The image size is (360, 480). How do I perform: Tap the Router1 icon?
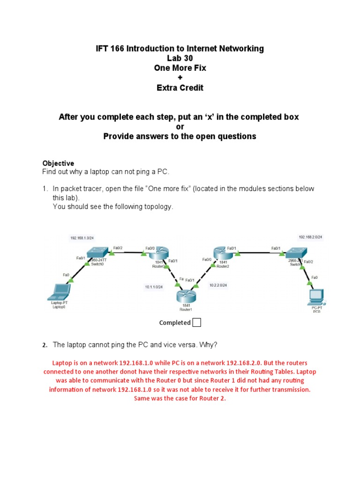pyautogui.click(x=186, y=296)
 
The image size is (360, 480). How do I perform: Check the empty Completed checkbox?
pyautogui.click(x=197, y=322)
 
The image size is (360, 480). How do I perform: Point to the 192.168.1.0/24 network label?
pyautogui.click(x=82, y=238)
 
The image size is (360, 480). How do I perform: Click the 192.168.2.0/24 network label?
pyautogui.click(x=310, y=238)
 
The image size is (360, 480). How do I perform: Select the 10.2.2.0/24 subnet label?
pyautogui.click(x=218, y=285)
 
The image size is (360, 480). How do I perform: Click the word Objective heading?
pyautogui.click(x=58, y=163)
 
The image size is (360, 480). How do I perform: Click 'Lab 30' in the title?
pyautogui.click(x=180, y=58)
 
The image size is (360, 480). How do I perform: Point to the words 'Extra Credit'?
pyautogui.click(x=180, y=88)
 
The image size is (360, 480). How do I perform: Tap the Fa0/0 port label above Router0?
pyautogui.click(x=150, y=248)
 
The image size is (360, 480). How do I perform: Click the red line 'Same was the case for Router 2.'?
pyautogui.click(x=180, y=398)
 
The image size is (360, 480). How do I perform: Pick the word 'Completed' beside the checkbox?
pyautogui.click(x=175, y=322)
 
